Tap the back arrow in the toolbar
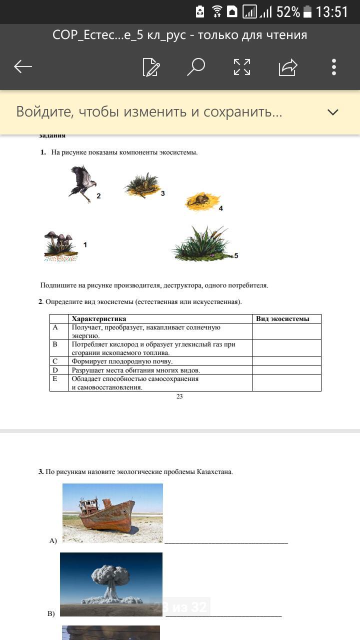pyautogui.click(x=23, y=66)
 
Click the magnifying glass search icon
pyautogui.click(x=195, y=66)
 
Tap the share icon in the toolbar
pyautogui.click(x=288, y=67)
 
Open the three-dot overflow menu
pyautogui.click(x=333, y=67)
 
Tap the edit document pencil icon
pyautogui.click(x=150, y=67)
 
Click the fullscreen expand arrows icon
pyautogui.click(x=242, y=67)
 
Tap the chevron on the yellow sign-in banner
pyautogui.click(x=333, y=112)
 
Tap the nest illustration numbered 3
pyautogui.click(x=141, y=185)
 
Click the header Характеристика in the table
pyautogui.click(x=99, y=318)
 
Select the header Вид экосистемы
pyautogui.click(x=282, y=318)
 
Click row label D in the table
pyautogui.click(x=55, y=370)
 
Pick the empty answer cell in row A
pyautogui.click(x=286, y=331)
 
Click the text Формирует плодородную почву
pyautogui.click(x=122, y=361)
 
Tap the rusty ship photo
pyautogui.click(x=112, y=513)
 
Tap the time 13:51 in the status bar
pyautogui.click(x=332, y=12)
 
